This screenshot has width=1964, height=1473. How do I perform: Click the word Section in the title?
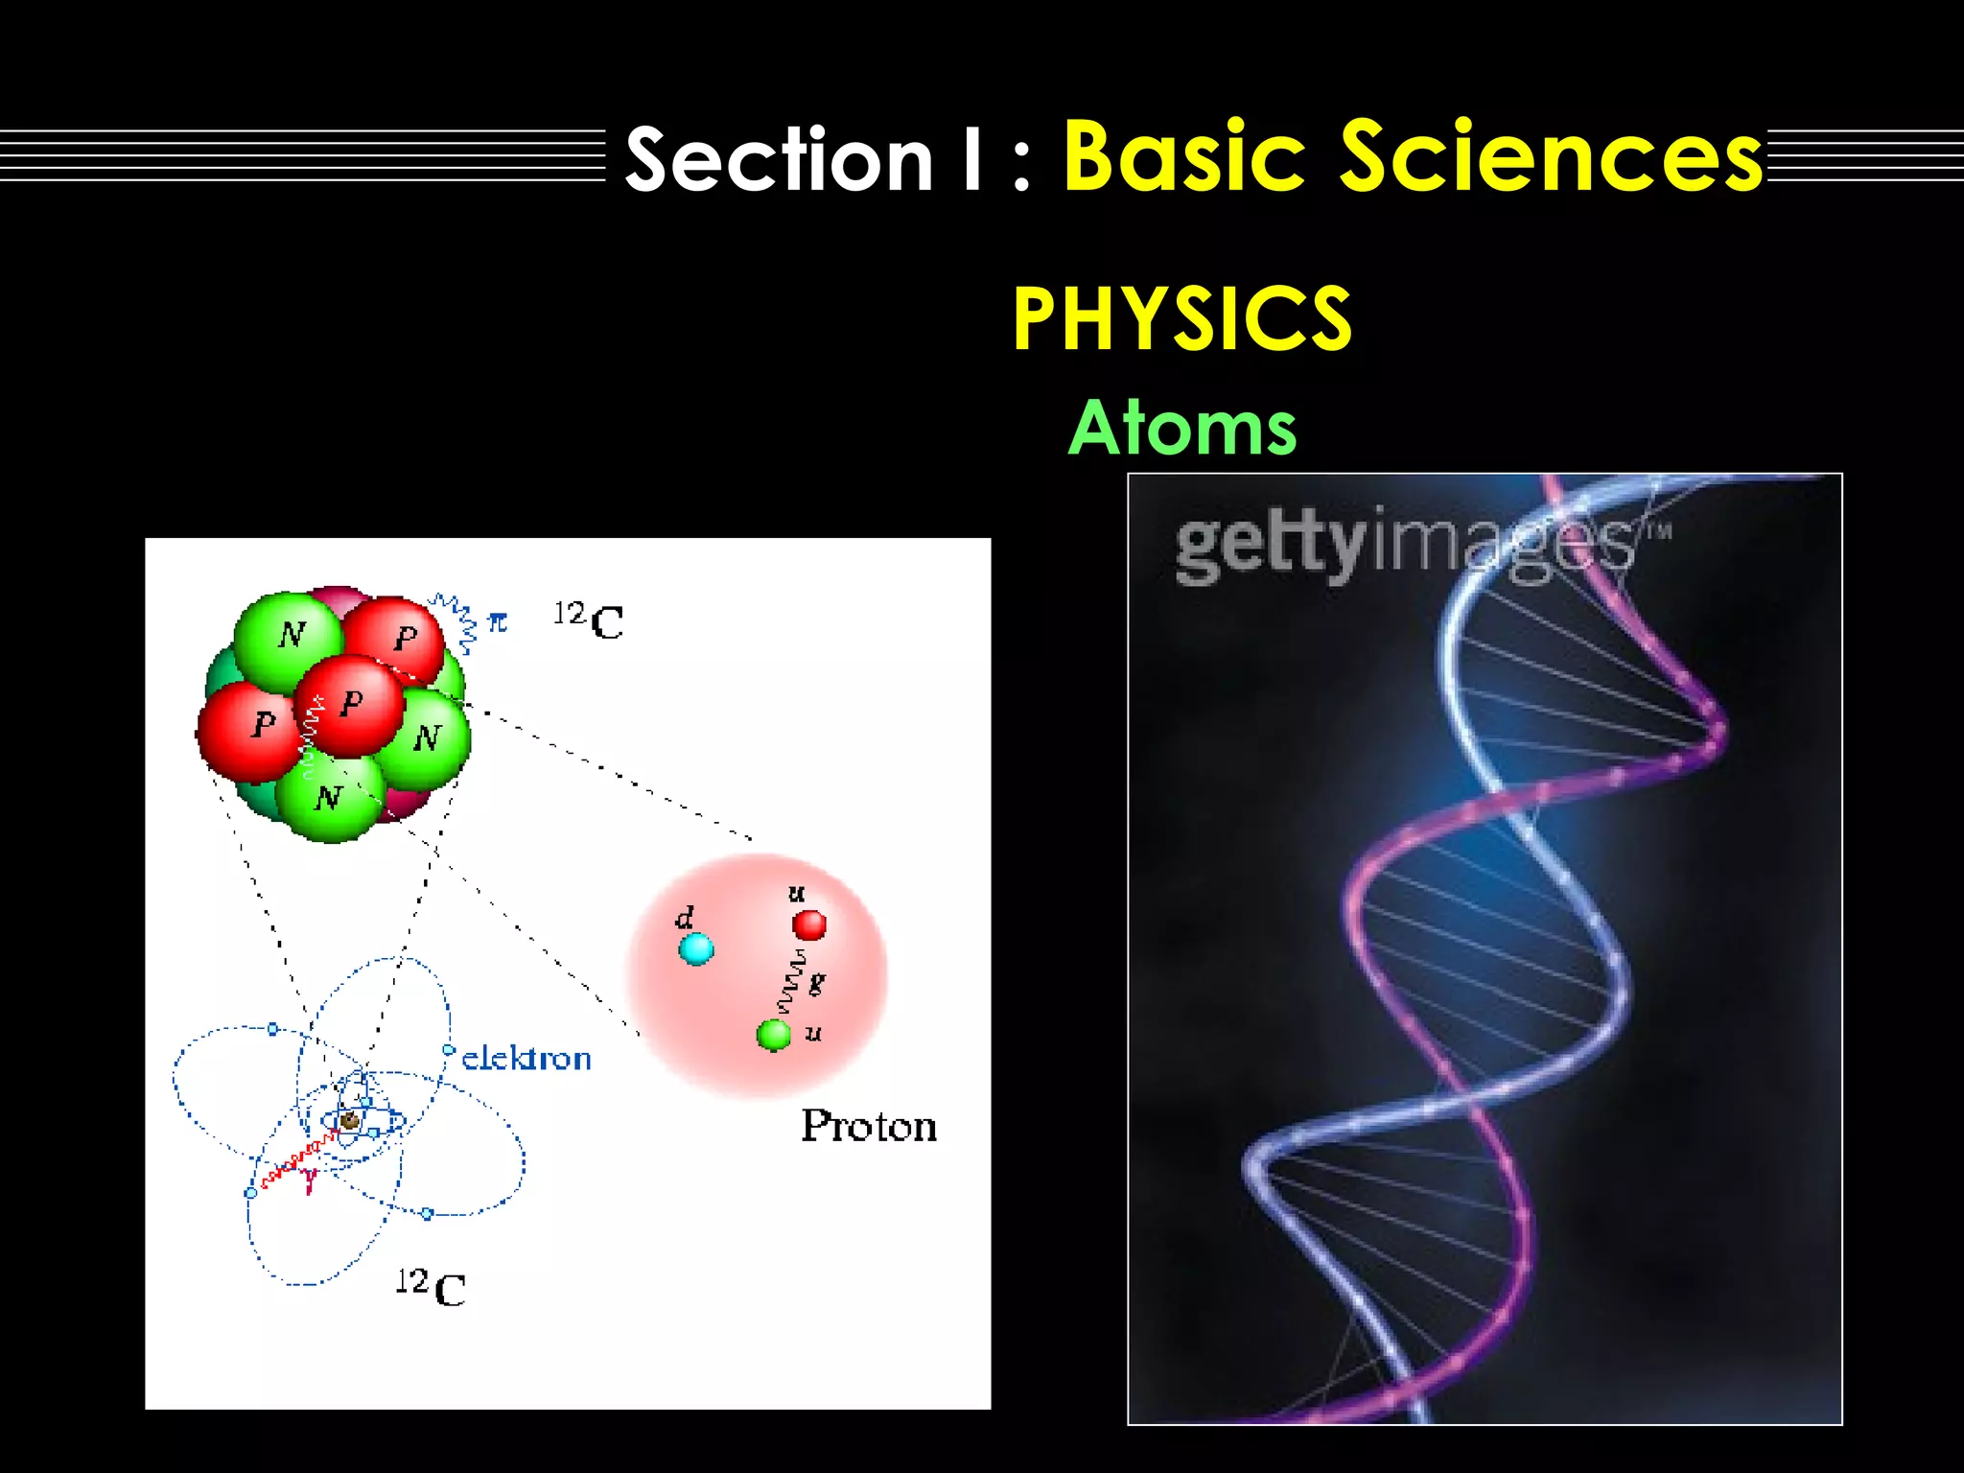pos(779,159)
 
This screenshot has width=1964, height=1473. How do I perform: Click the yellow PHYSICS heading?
pos(1181,319)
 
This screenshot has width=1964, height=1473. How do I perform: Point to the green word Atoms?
pos(1181,428)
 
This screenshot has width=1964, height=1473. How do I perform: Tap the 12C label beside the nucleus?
pos(589,620)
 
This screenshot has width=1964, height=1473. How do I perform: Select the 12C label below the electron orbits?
pos(431,1287)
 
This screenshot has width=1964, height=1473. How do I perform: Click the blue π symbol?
pos(497,622)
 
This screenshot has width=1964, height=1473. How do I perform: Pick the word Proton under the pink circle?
pos(869,1126)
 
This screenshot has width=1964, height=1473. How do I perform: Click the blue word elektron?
pos(526,1059)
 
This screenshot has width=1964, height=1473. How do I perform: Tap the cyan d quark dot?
pos(696,949)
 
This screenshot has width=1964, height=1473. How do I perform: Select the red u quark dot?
pos(809,925)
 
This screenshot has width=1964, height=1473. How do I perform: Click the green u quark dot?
pos(773,1035)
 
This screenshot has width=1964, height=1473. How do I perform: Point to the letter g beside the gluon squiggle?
pos(816,982)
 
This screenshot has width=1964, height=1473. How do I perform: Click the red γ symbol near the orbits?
pos(309,1181)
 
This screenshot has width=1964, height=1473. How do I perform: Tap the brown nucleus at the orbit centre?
pos(350,1120)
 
